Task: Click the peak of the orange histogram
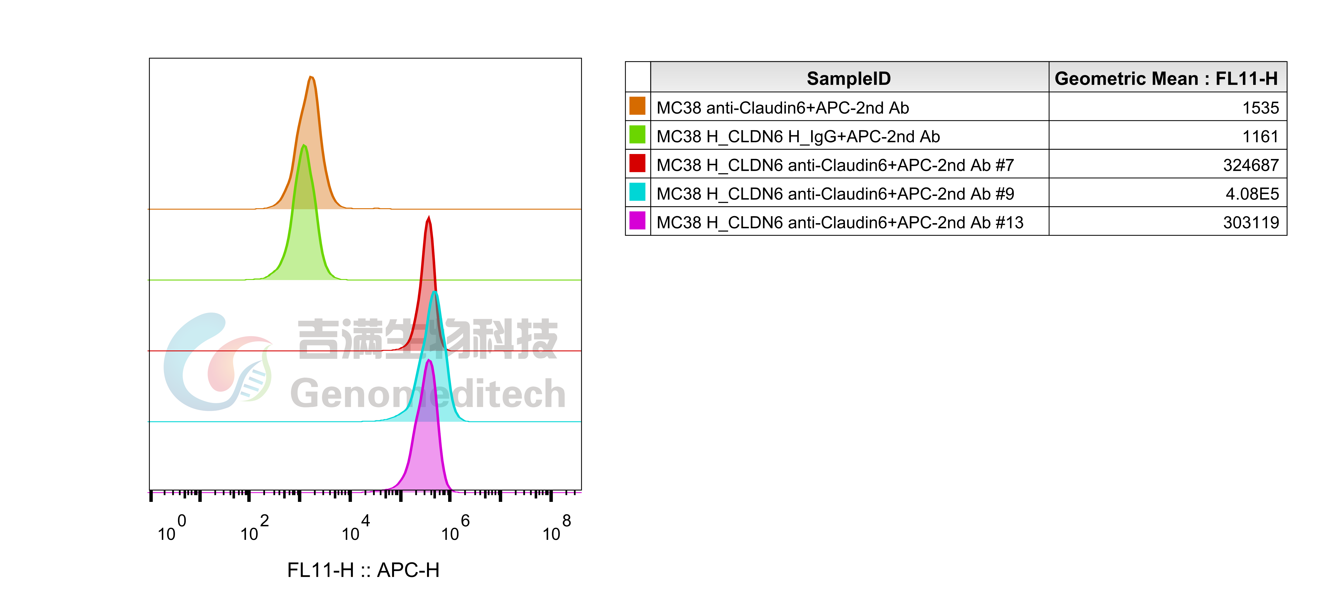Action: pos(311,77)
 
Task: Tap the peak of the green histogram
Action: pos(304,146)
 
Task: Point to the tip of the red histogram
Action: pos(429,217)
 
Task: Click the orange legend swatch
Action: pos(637,105)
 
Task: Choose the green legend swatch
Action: pos(637,134)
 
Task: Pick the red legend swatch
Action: pos(637,163)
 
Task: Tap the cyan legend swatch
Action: pos(637,192)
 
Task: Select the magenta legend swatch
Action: pos(637,220)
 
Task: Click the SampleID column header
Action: pos(849,78)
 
